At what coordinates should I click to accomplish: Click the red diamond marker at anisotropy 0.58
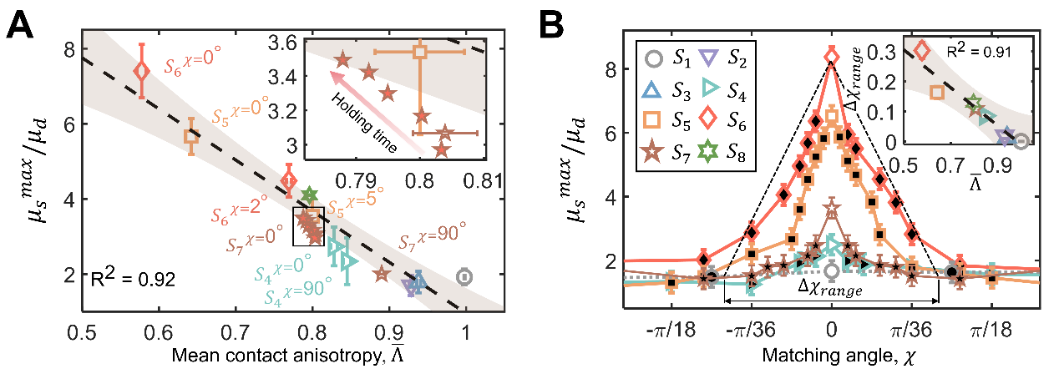click(142, 71)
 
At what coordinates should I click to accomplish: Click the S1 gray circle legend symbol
click(656, 58)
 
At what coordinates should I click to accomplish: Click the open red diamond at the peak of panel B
click(831, 57)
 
